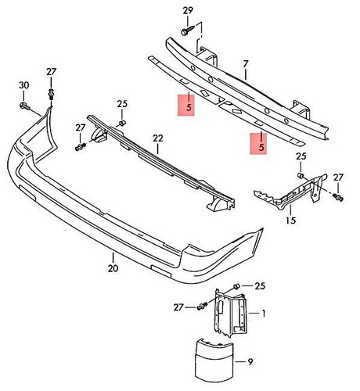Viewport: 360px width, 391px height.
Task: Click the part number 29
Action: click(186, 9)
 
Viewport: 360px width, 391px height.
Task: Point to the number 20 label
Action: click(113, 267)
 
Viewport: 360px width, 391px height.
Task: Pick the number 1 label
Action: click(264, 313)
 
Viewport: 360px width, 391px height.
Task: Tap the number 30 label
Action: click(23, 85)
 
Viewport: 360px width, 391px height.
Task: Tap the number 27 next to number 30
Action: click(52, 72)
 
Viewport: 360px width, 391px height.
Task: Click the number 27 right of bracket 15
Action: click(338, 178)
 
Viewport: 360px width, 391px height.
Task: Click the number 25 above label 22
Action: click(122, 103)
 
